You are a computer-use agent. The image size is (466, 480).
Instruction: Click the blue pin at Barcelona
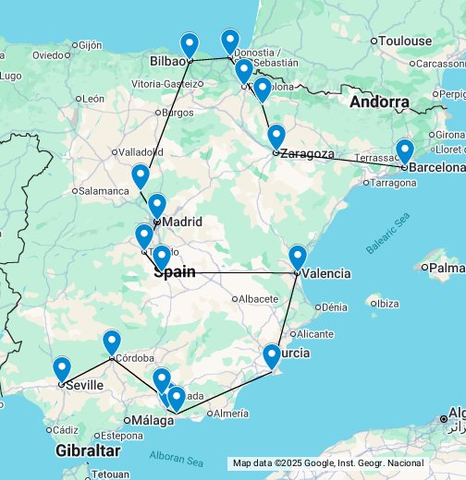404,151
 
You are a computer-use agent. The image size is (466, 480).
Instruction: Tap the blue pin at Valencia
297,258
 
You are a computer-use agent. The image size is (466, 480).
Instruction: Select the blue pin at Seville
62,369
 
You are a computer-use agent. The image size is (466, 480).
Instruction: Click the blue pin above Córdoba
112,343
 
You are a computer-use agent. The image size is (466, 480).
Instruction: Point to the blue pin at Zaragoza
276,138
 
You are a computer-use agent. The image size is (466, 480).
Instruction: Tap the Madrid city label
182,222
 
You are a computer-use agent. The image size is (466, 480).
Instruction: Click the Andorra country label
379,102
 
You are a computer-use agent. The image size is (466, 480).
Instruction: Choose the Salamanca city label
104,191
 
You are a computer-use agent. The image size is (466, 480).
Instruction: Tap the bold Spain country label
174,272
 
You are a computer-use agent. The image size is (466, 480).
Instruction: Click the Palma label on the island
447,268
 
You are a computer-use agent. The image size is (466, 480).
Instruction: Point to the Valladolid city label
140,152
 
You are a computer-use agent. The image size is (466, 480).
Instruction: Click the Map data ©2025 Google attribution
328,463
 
